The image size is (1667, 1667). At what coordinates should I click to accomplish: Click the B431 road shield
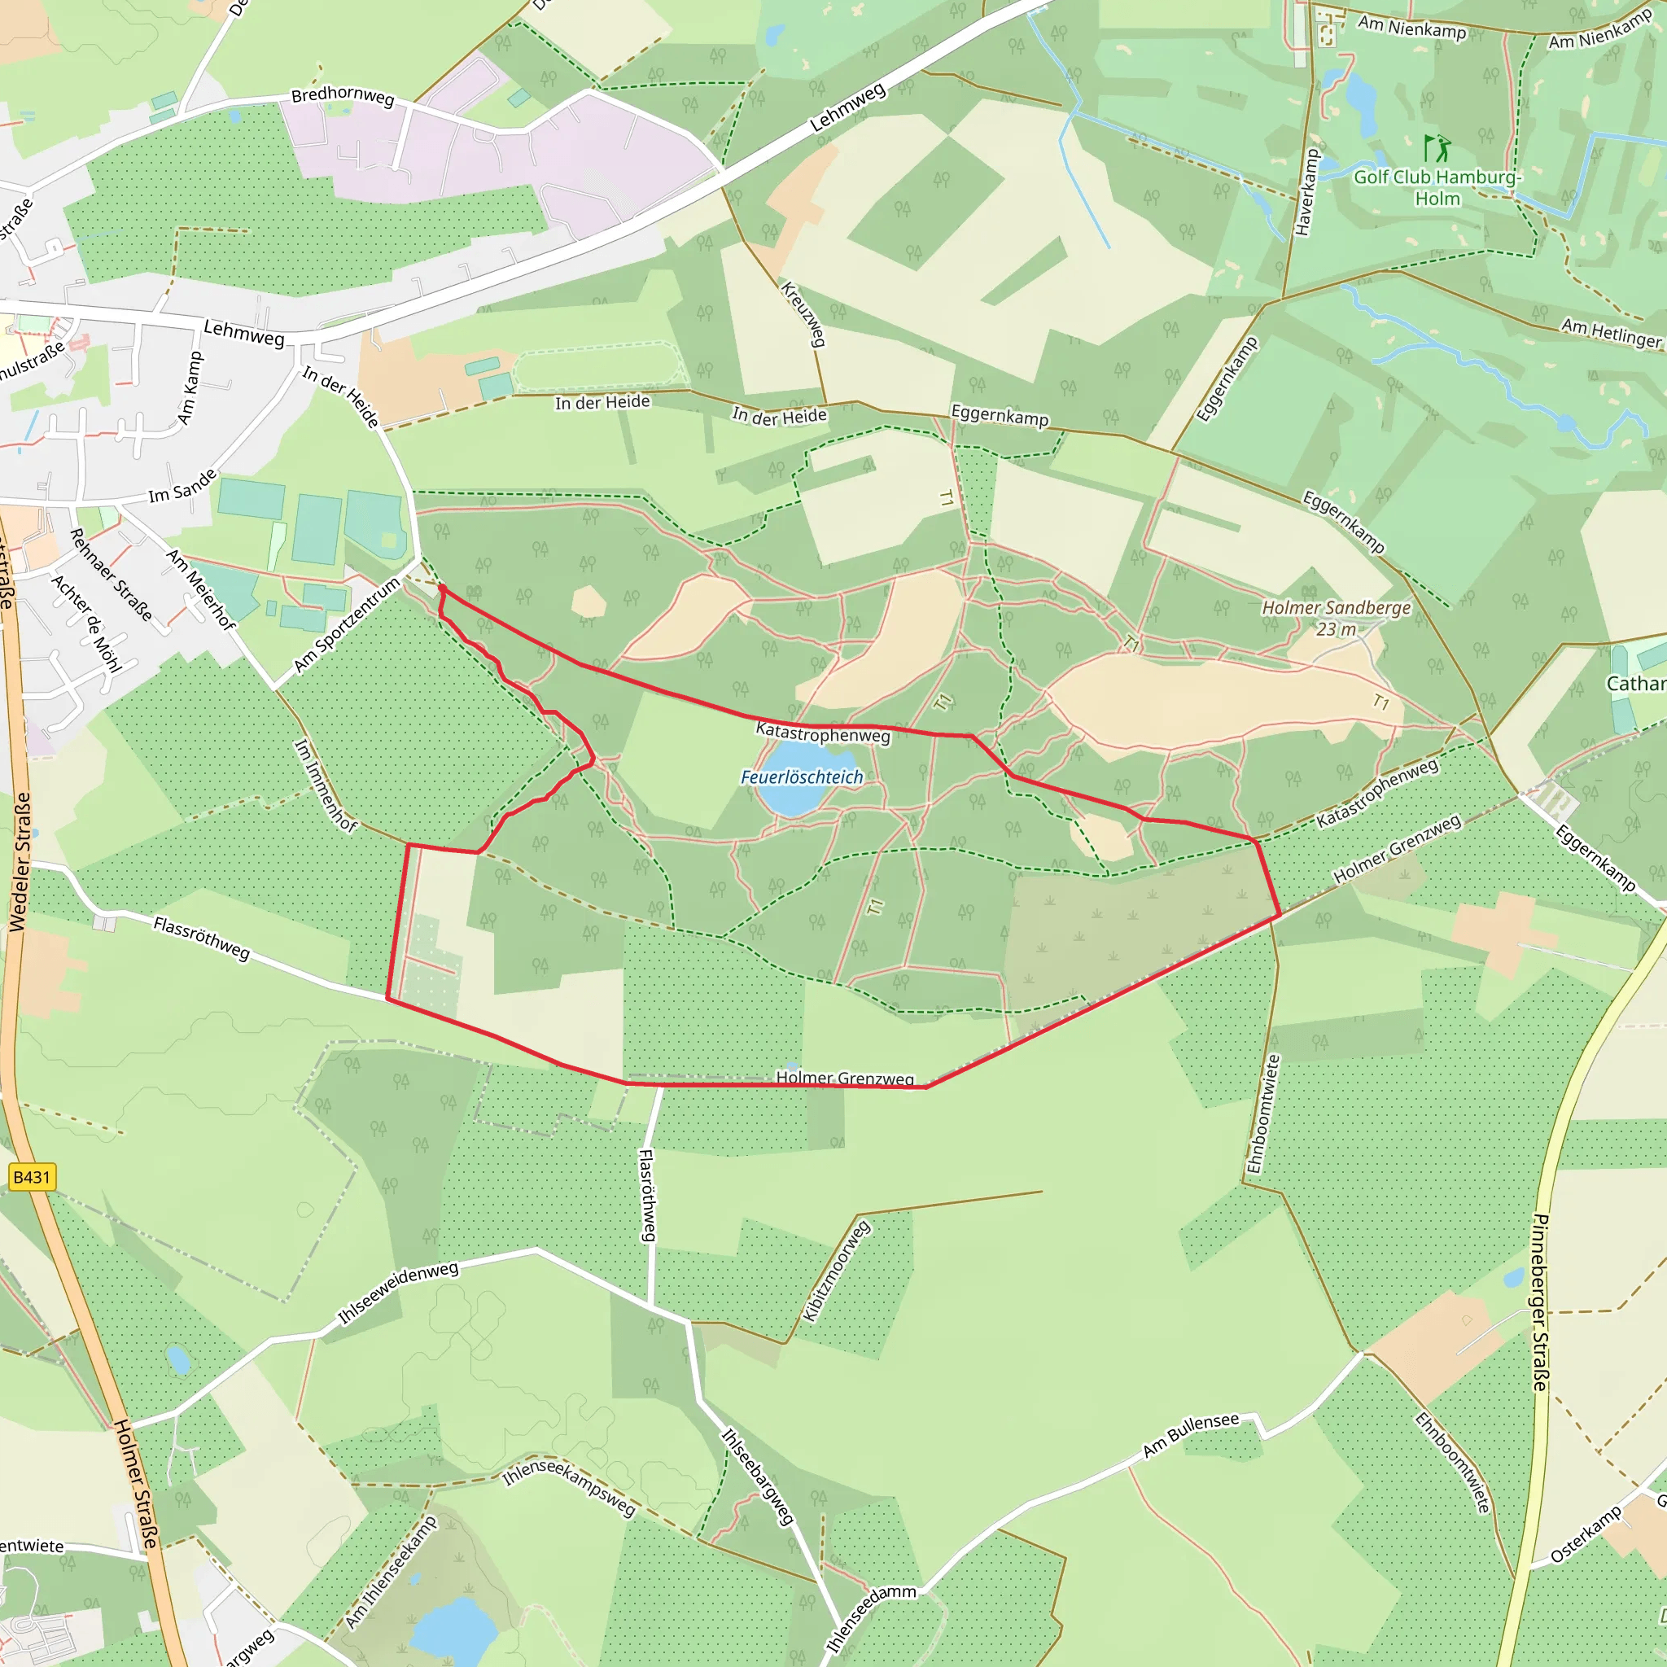click(32, 1178)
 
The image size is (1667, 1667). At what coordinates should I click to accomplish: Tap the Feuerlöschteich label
click(802, 777)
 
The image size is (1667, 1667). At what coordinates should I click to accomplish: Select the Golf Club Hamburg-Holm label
click(1437, 187)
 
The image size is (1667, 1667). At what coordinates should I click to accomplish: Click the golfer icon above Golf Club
click(1437, 148)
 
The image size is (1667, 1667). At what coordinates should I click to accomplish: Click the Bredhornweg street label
click(343, 96)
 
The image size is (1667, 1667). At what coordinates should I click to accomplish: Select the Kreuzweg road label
click(803, 313)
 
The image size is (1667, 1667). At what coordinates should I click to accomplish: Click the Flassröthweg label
click(201, 938)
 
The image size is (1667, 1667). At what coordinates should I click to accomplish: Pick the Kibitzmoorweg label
click(836, 1270)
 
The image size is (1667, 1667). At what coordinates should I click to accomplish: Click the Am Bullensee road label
click(1190, 1435)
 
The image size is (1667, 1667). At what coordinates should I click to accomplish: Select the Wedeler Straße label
click(20, 861)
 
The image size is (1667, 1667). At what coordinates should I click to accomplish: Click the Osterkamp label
click(1586, 1535)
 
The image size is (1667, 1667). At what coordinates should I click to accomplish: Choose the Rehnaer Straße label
click(112, 575)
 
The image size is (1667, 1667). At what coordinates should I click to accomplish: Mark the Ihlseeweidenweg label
click(398, 1292)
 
